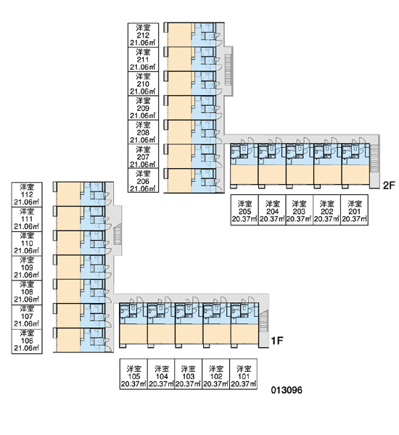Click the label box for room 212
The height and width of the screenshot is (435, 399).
point(143,36)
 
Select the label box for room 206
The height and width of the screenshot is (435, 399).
point(143,181)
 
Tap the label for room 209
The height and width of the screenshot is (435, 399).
point(143,108)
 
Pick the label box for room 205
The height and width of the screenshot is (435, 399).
point(244,210)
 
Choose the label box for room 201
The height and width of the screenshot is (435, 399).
point(354,210)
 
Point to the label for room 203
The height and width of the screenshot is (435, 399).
point(300,210)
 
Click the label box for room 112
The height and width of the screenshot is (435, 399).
point(27,194)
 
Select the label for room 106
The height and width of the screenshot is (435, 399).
point(27,341)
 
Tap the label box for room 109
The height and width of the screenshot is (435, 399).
point(27,268)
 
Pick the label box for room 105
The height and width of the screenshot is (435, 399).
point(133,374)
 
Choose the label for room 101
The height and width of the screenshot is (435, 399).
point(243,374)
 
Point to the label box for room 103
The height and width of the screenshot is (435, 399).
point(188,374)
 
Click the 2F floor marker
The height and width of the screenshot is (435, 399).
point(389,186)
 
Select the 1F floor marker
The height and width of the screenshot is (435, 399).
point(277,341)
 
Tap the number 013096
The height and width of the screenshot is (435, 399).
point(287,390)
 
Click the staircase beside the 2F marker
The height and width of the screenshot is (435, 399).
point(374,158)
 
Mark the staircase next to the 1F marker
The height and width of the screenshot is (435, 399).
point(263,320)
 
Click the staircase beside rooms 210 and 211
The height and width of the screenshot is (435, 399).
point(228,70)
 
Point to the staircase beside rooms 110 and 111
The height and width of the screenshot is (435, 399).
point(118,234)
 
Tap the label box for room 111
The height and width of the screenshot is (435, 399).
point(27,219)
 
